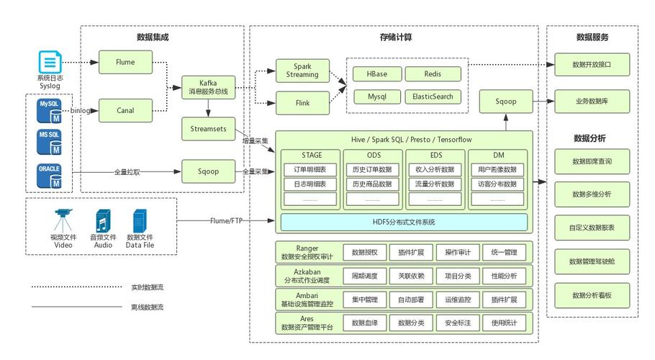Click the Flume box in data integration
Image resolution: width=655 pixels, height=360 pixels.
pos(125,63)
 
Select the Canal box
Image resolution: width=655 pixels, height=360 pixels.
pos(125,110)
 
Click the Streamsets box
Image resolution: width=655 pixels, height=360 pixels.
pos(208,129)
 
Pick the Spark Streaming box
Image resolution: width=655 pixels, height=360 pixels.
pos(302,70)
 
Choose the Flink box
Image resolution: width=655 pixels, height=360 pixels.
pos(302,104)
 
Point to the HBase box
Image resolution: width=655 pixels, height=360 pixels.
pos(376,74)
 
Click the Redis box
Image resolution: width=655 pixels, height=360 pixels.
pos(432,74)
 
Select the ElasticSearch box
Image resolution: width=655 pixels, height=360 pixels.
pos(432,96)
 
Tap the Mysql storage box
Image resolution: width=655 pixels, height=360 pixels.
pos(376,96)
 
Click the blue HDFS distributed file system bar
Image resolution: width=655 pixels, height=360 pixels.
pos(403,222)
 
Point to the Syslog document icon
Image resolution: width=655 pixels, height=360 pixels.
pos(50,62)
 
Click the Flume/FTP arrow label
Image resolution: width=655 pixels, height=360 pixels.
pos(228,220)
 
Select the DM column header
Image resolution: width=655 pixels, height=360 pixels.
pos(498,155)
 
